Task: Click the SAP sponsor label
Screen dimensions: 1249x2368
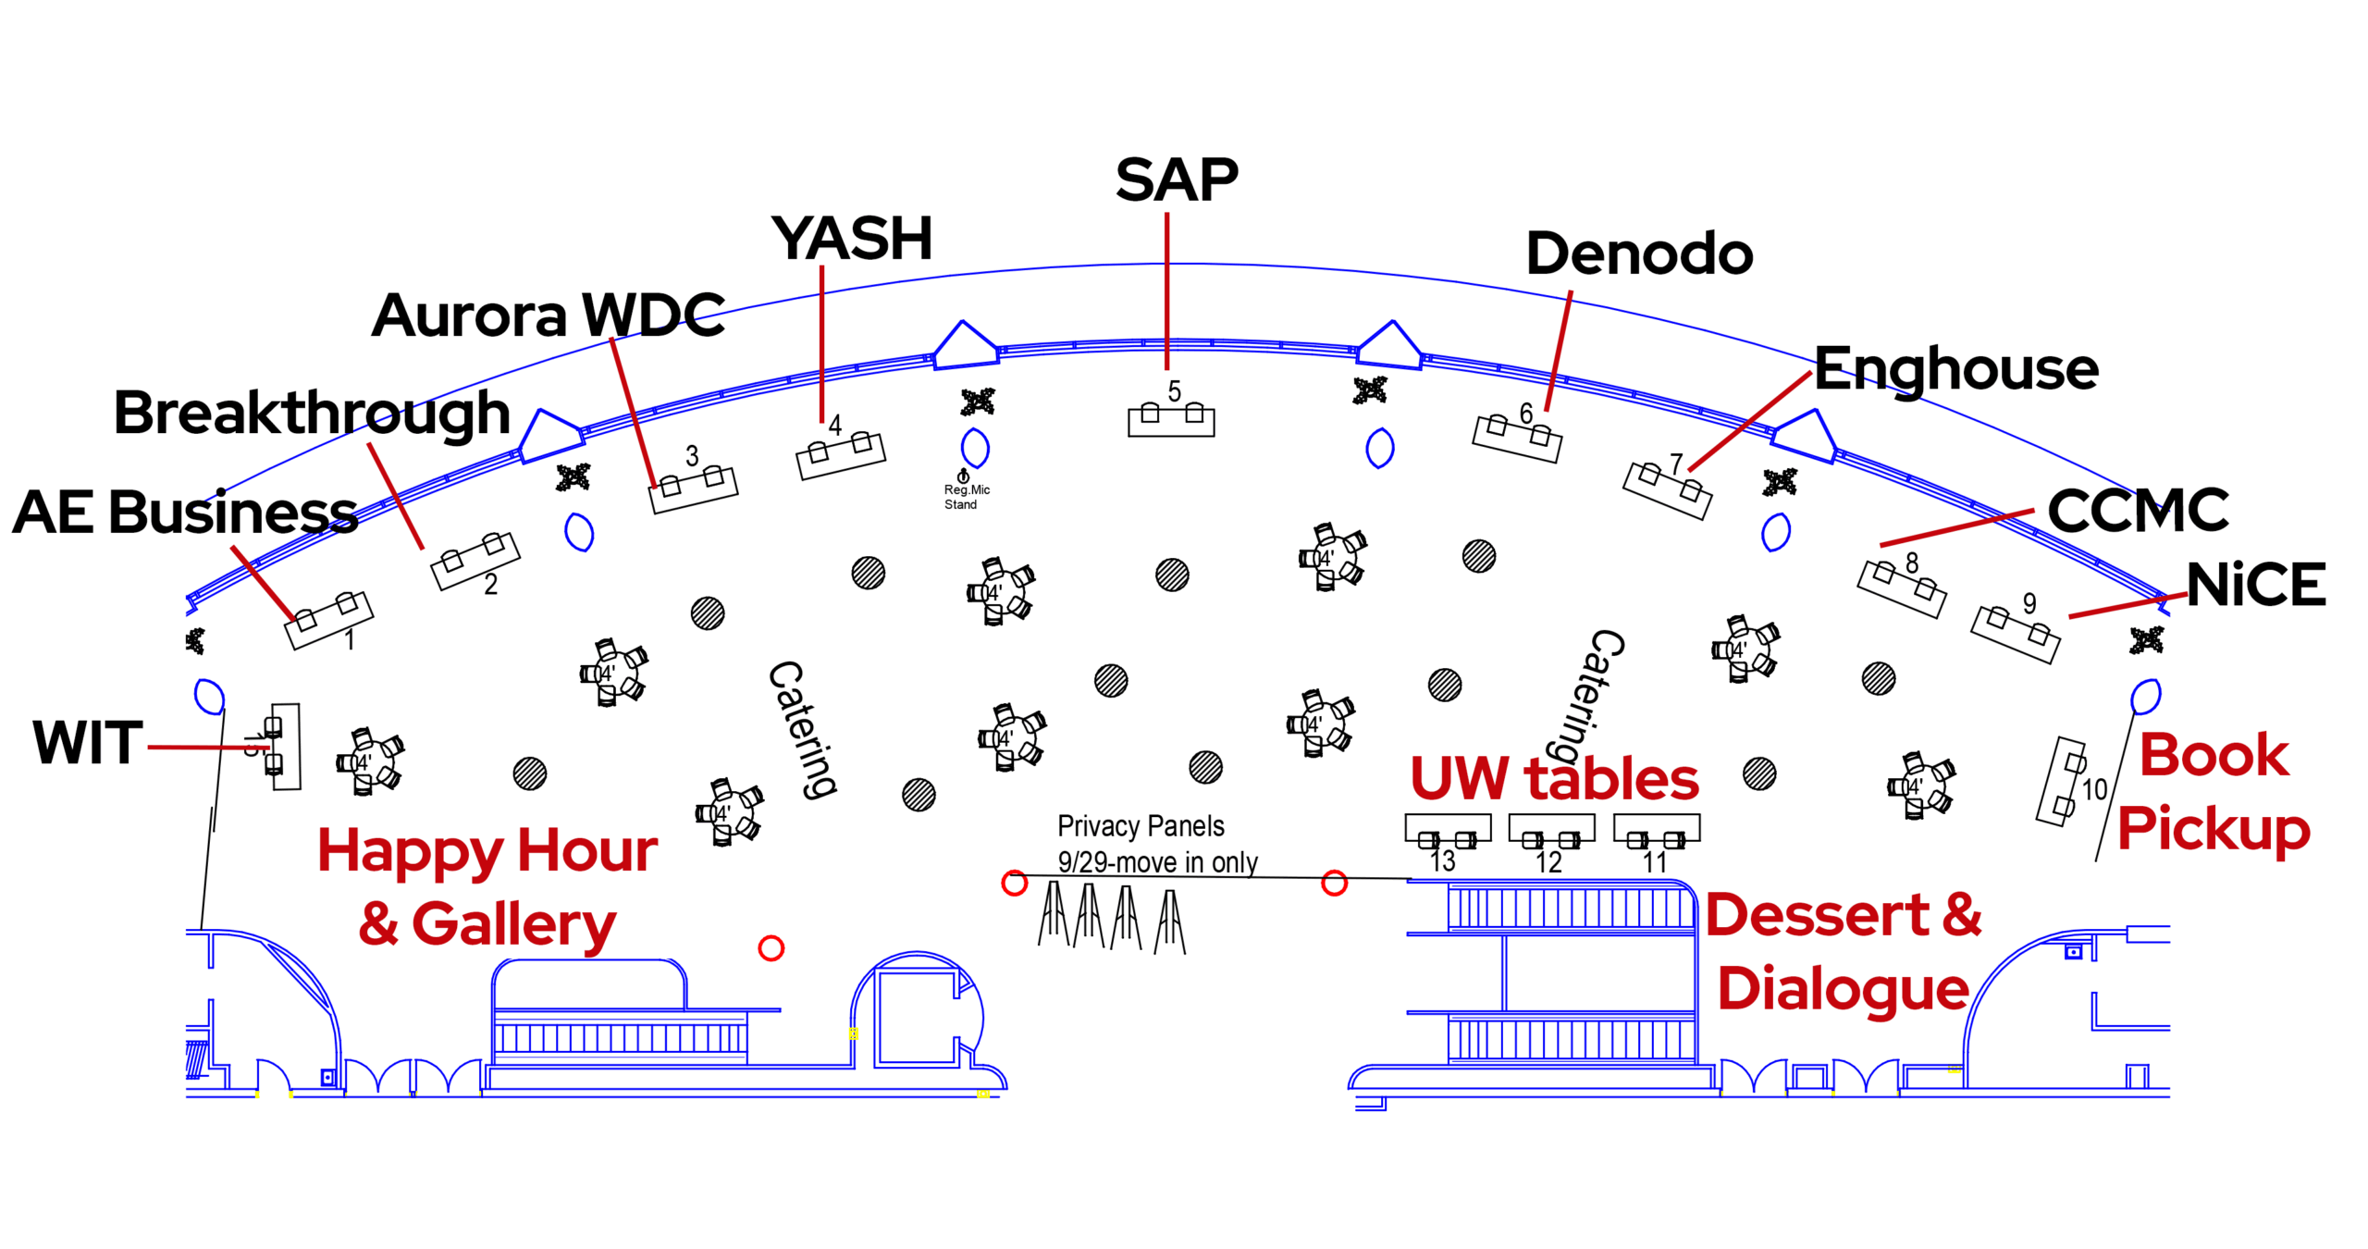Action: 1176,179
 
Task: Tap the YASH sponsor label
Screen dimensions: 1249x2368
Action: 852,239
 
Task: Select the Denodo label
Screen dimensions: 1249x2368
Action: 1639,254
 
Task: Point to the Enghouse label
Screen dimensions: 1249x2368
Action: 1955,368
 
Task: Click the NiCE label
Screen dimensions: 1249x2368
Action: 2256,585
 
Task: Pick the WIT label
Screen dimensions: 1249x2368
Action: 88,742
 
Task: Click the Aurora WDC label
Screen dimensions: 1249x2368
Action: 548,315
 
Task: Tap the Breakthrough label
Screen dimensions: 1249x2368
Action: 312,413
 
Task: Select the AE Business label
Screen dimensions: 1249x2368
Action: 185,512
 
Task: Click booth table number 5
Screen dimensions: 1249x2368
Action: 1171,421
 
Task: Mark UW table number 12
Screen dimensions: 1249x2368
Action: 1551,828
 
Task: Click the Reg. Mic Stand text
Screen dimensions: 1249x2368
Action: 966,497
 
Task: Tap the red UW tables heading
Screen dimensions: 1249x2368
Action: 1554,779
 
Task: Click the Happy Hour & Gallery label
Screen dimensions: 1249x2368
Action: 487,886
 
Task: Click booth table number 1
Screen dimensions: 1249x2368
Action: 328,620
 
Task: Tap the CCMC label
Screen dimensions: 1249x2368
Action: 2138,510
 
